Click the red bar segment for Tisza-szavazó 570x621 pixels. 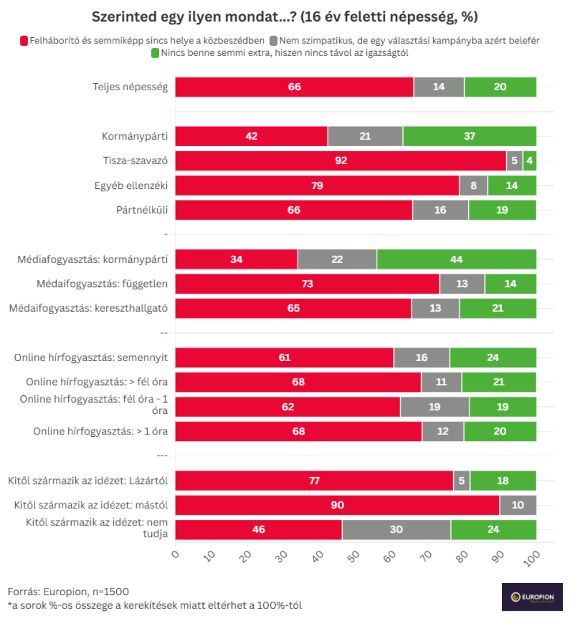click(x=340, y=161)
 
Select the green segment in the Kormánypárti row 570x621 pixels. click(x=469, y=136)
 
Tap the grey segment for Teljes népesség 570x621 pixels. click(x=439, y=87)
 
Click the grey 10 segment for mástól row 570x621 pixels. click(x=518, y=505)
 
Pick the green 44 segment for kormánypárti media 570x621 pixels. click(x=456, y=259)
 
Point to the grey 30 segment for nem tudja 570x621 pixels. click(x=396, y=530)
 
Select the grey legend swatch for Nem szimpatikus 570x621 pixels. click(x=274, y=41)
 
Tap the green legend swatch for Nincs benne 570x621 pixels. click(x=155, y=54)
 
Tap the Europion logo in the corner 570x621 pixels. click(x=532, y=597)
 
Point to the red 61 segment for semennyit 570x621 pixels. click(x=284, y=357)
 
